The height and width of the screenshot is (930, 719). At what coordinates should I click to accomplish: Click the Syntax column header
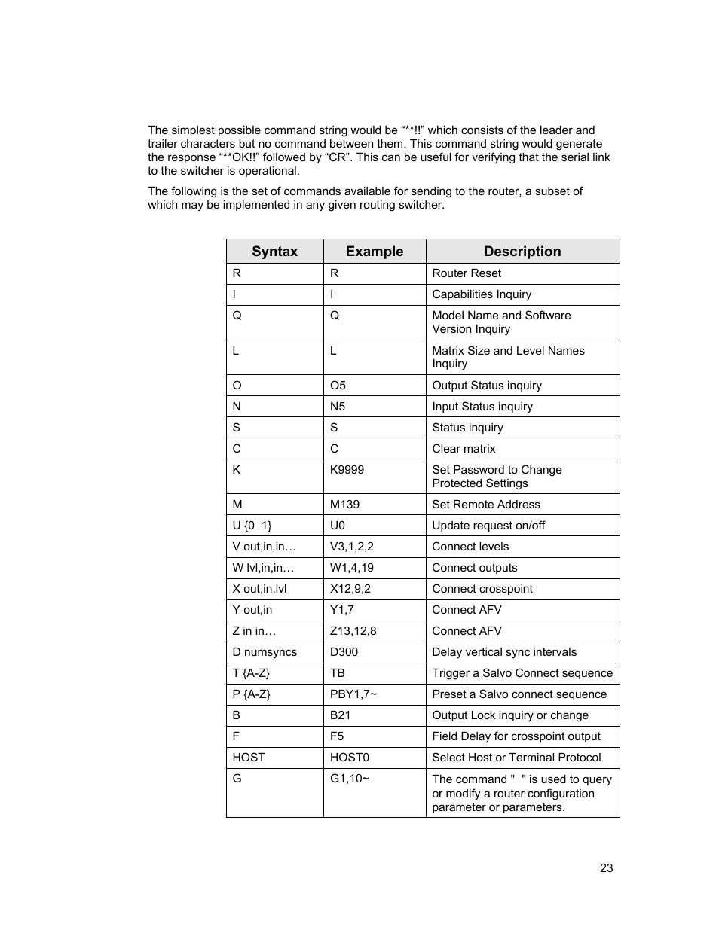(274, 252)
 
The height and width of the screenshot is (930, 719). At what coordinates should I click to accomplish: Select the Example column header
(374, 252)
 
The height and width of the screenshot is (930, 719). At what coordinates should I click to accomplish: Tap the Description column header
(522, 252)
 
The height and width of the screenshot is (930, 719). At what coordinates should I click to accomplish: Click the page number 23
(606, 868)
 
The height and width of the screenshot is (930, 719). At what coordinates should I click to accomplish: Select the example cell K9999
(347, 470)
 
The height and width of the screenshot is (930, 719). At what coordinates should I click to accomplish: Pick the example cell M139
(344, 505)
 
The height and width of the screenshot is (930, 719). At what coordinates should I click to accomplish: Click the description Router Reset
(467, 273)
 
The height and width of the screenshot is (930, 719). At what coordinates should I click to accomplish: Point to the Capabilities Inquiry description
(482, 294)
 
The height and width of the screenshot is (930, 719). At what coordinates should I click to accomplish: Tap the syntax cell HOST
(249, 758)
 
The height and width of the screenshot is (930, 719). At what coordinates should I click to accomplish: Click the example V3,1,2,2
(352, 547)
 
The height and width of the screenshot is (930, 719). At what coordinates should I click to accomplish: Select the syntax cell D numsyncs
(265, 652)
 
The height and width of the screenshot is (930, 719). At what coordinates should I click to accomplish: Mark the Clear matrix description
(464, 449)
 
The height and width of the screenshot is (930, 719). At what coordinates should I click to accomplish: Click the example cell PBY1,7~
(353, 694)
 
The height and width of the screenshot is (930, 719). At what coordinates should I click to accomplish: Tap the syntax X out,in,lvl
(259, 589)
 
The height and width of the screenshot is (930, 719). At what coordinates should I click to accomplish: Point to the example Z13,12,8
(353, 631)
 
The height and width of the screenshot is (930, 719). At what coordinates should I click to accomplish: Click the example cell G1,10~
(350, 779)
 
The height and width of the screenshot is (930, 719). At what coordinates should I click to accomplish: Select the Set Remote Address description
(486, 505)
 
